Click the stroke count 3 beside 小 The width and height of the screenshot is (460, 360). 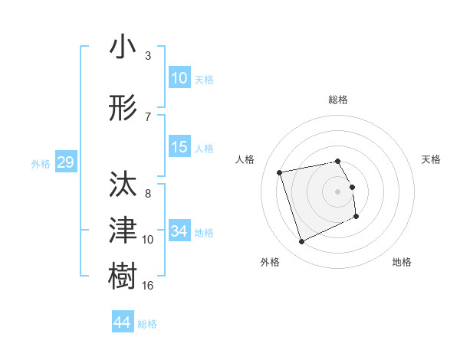click(x=147, y=56)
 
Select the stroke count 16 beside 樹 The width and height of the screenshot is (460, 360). click(x=148, y=285)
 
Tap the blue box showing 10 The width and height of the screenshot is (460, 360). click(x=179, y=78)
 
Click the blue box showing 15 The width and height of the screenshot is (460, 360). click(x=179, y=147)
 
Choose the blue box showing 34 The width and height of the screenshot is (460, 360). click(x=179, y=231)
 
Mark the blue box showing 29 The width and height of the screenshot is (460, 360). click(x=65, y=162)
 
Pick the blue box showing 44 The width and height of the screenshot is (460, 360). click(x=122, y=322)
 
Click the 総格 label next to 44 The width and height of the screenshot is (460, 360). click(x=147, y=324)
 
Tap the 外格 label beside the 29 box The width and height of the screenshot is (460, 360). click(x=41, y=164)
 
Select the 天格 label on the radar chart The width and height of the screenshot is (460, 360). click(x=432, y=159)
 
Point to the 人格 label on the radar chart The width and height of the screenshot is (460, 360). click(x=245, y=159)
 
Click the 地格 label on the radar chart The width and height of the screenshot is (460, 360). click(x=402, y=262)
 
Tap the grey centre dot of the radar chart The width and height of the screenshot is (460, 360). click(x=338, y=191)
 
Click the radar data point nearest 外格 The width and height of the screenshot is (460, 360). click(x=301, y=242)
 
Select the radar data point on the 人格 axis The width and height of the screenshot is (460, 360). click(x=280, y=172)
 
